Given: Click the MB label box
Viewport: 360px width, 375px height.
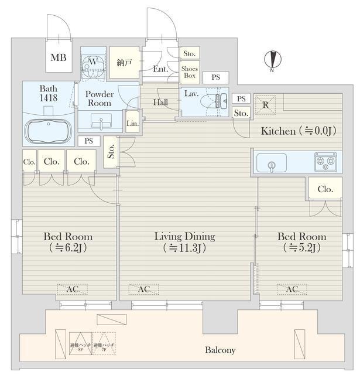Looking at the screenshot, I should [x=57, y=57].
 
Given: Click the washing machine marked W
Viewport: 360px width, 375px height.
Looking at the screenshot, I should [x=92, y=63].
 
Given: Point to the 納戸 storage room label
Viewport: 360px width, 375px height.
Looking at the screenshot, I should [x=124, y=62].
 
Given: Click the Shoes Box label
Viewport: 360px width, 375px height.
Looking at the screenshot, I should [x=190, y=72].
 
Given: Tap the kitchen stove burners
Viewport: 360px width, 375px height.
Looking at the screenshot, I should [x=325, y=162].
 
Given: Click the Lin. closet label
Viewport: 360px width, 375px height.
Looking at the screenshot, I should [x=133, y=122].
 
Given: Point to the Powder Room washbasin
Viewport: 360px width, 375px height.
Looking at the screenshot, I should [x=100, y=124].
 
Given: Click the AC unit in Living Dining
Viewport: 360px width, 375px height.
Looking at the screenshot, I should [x=143, y=289].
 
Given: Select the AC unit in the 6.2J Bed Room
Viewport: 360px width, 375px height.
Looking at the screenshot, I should [x=72, y=289].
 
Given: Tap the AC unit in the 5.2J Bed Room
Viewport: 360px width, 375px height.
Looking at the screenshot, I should [x=291, y=289].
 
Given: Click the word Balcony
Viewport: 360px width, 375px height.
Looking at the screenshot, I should [x=220, y=350].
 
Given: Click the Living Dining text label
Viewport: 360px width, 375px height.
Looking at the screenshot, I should [x=184, y=237].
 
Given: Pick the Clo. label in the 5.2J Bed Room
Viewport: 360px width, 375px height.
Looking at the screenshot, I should [x=325, y=189].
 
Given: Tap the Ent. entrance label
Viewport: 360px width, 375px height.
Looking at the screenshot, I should [x=160, y=70].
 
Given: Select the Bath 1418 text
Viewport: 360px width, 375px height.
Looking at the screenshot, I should [x=49, y=93].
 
